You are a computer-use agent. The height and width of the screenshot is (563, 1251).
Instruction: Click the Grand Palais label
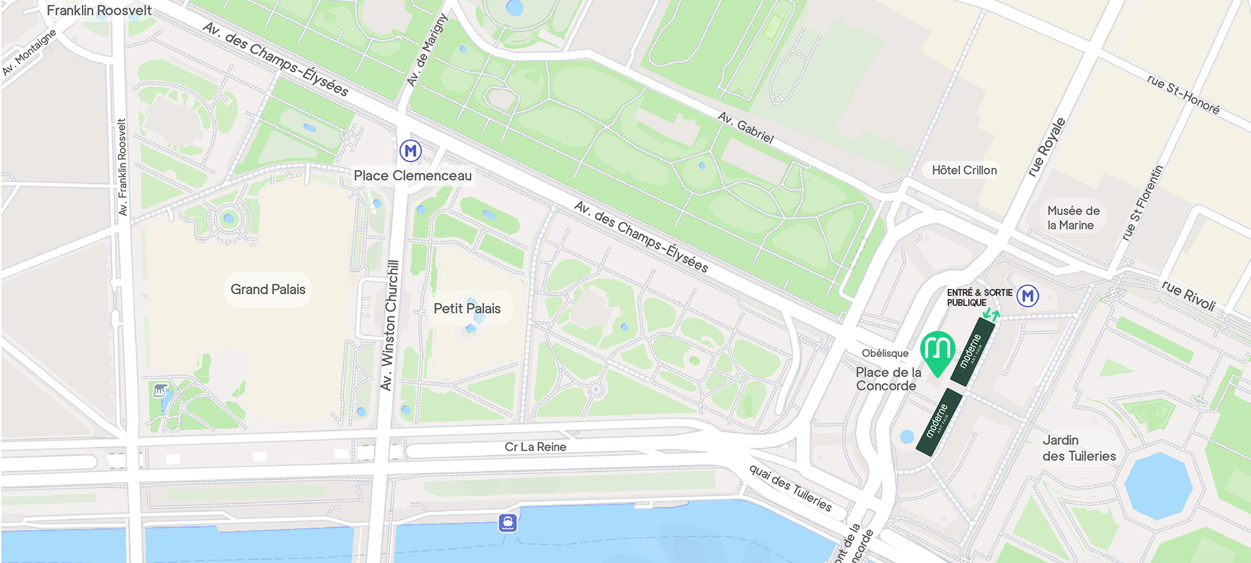[268, 290]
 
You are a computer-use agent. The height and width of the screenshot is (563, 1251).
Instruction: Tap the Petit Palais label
[467, 308]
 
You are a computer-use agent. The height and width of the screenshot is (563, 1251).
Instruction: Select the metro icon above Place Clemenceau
[410, 151]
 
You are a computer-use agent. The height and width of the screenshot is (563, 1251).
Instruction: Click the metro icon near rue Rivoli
[1028, 296]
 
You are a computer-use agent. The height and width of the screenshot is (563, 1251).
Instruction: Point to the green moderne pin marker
[937, 351]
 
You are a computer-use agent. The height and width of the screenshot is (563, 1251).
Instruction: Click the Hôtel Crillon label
[964, 170]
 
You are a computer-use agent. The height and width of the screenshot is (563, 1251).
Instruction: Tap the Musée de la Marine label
[1072, 218]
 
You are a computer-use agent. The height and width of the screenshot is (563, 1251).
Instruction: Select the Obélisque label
[884, 353]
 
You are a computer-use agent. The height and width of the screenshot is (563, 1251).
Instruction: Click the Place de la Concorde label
[888, 379]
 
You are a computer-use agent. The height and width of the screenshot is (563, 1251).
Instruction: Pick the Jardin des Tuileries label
[1078, 449]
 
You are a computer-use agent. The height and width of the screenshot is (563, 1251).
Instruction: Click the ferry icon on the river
[507, 522]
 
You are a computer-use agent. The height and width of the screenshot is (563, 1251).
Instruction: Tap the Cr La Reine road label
[535, 447]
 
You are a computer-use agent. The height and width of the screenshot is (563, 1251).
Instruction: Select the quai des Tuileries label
[790, 489]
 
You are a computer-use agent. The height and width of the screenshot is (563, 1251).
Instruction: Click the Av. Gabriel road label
[746, 127]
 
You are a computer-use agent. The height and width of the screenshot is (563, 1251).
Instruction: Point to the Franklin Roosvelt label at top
[99, 11]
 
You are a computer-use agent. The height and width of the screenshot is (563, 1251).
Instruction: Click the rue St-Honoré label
[1183, 94]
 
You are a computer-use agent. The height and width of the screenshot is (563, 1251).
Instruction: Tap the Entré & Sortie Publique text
[979, 297]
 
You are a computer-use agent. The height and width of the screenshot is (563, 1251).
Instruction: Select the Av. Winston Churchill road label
[390, 325]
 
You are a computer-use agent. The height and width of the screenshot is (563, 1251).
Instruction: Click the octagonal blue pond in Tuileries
[1158, 486]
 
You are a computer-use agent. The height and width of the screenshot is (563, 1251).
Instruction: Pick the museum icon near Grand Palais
[160, 391]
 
